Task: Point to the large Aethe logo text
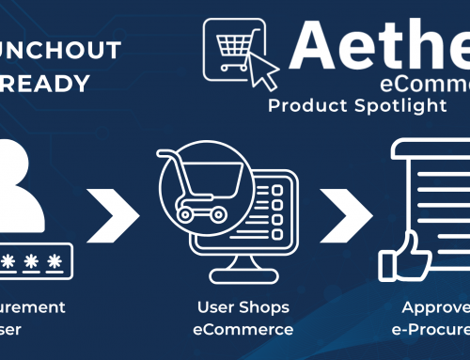380,43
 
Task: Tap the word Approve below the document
435,306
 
